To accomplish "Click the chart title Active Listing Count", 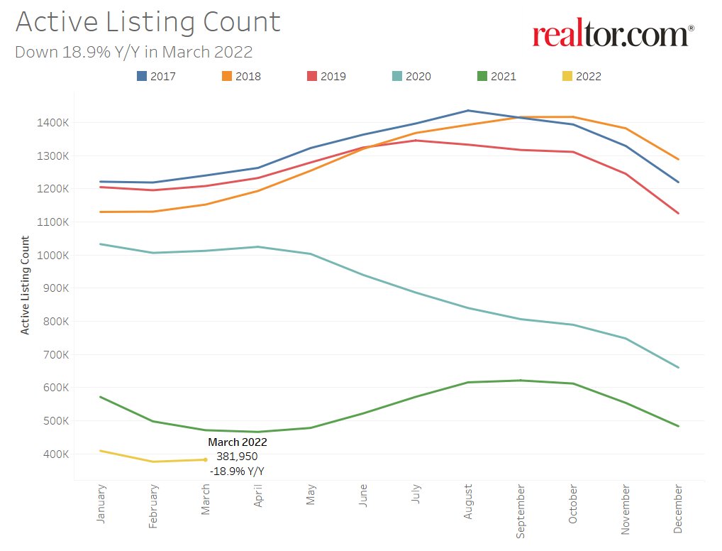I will click(x=148, y=22).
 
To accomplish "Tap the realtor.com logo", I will click(x=613, y=33).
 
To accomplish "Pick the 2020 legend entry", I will click(x=411, y=76).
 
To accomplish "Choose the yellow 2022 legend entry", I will click(x=582, y=76).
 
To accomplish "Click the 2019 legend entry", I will click(x=326, y=76).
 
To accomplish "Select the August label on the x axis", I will click(x=468, y=502).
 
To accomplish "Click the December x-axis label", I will click(x=678, y=509).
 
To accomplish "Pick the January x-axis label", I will click(x=101, y=505).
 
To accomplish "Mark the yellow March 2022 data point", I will click(x=206, y=459).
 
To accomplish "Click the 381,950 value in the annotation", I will click(x=237, y=457).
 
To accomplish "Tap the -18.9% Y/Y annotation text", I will click(x=237, y=471).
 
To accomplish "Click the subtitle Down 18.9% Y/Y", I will click(x=133, y=52).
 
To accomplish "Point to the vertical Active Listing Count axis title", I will click(x=26, y=285).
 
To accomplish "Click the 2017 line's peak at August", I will click(x=468, y=111).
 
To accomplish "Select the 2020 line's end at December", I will click(x=678, y=367).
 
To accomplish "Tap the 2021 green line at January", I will click(x=101, y=397).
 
